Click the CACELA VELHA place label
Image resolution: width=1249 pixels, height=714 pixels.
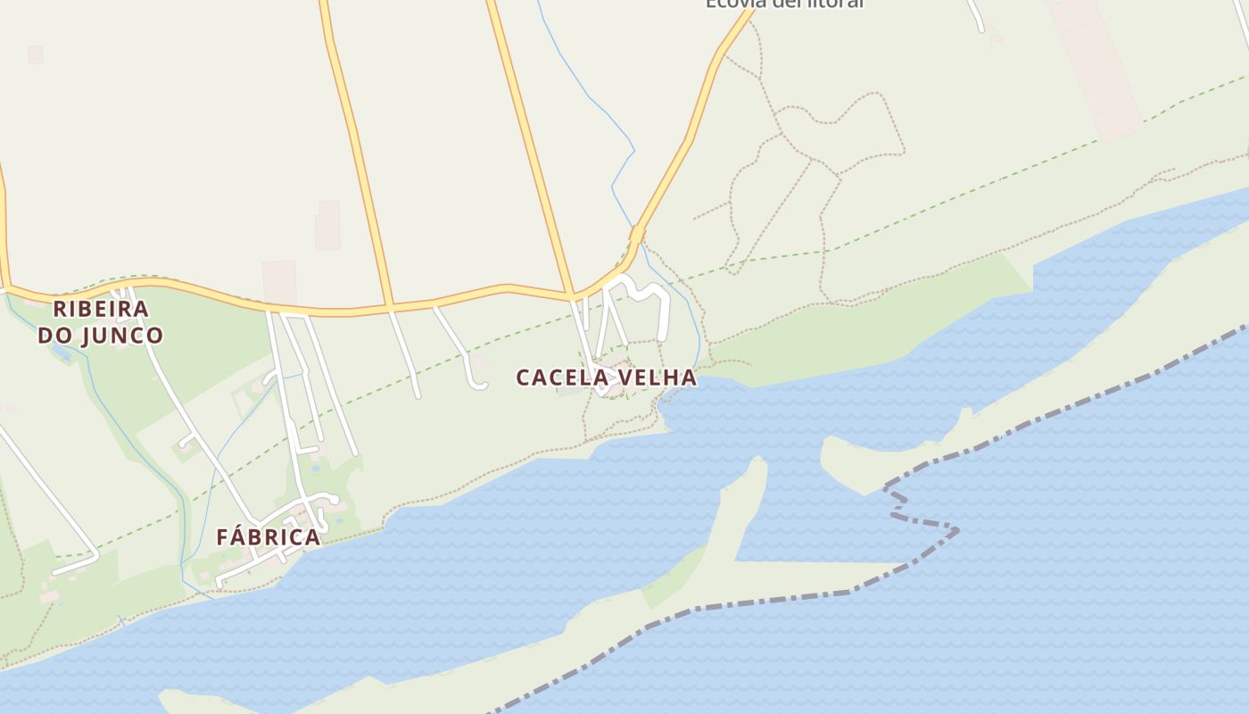point(606,378)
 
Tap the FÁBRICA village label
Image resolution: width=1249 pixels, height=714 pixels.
point(268,537)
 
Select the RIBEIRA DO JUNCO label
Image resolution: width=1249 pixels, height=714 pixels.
point(101,322)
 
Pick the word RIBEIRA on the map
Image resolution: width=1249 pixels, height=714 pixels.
point(101,309)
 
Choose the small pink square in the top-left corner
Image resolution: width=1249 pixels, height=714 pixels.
point(36,54)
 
